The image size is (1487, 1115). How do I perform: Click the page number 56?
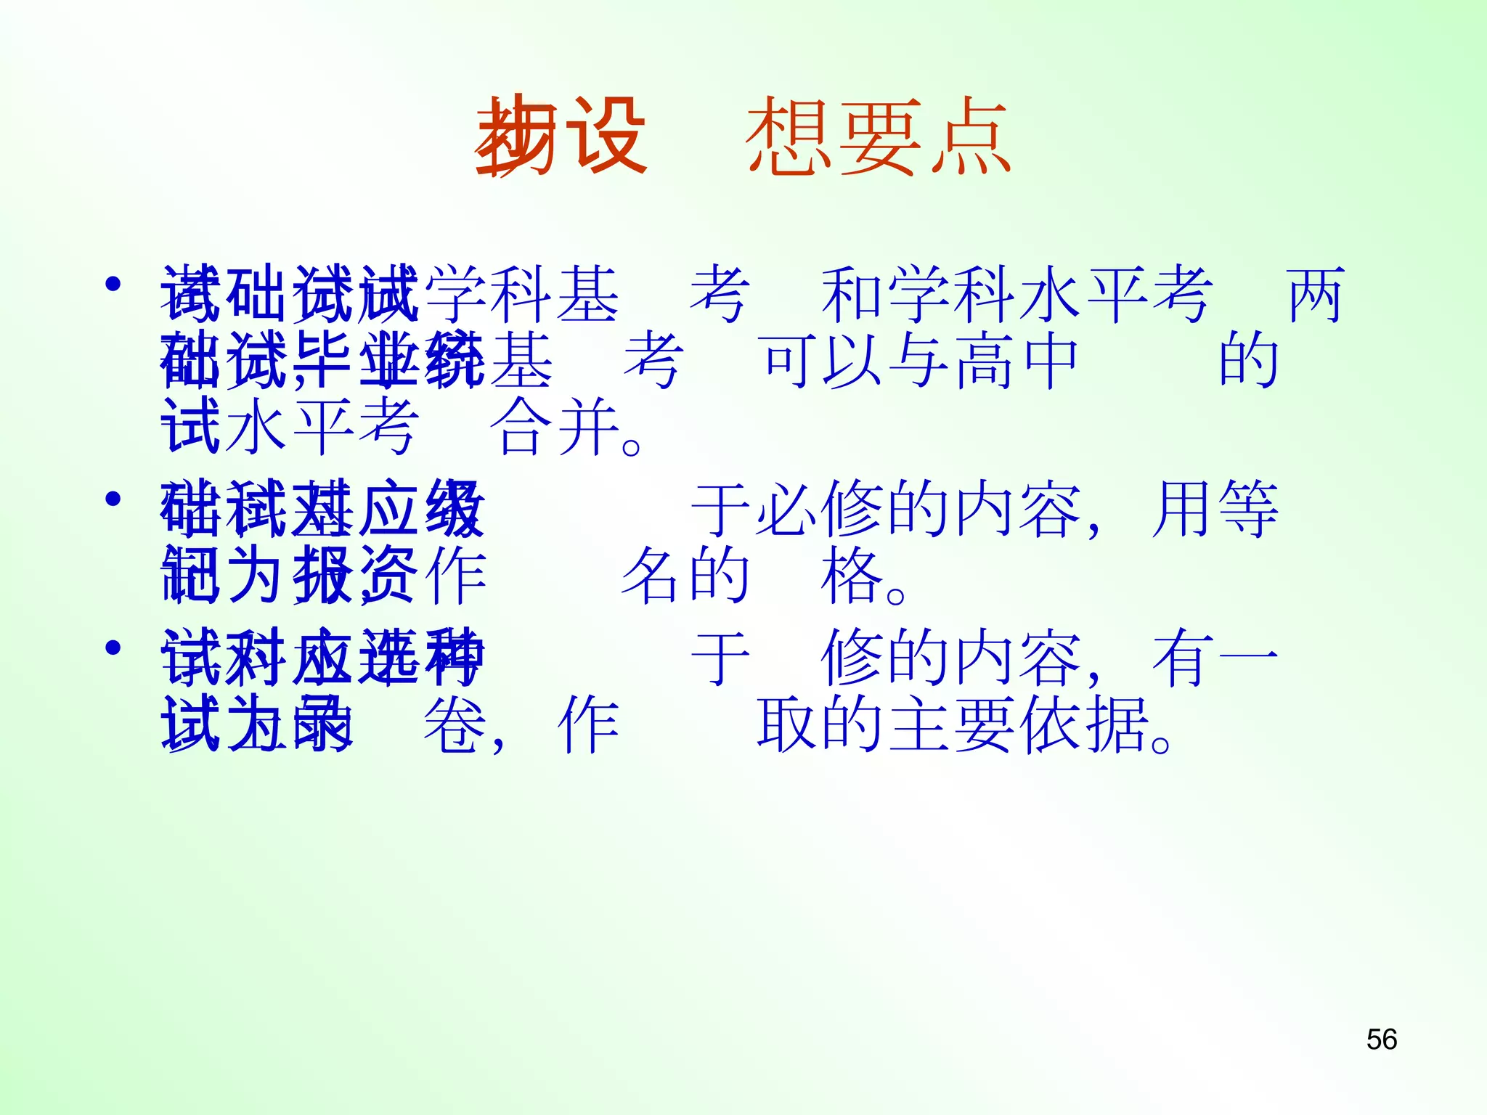[1381, 1040]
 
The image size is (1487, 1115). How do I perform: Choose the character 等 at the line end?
[1249, 509]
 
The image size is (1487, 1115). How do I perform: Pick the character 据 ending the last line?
[1118, 724]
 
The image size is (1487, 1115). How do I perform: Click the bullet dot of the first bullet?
[113, 284]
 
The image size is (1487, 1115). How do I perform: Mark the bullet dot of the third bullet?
[113, 647]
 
